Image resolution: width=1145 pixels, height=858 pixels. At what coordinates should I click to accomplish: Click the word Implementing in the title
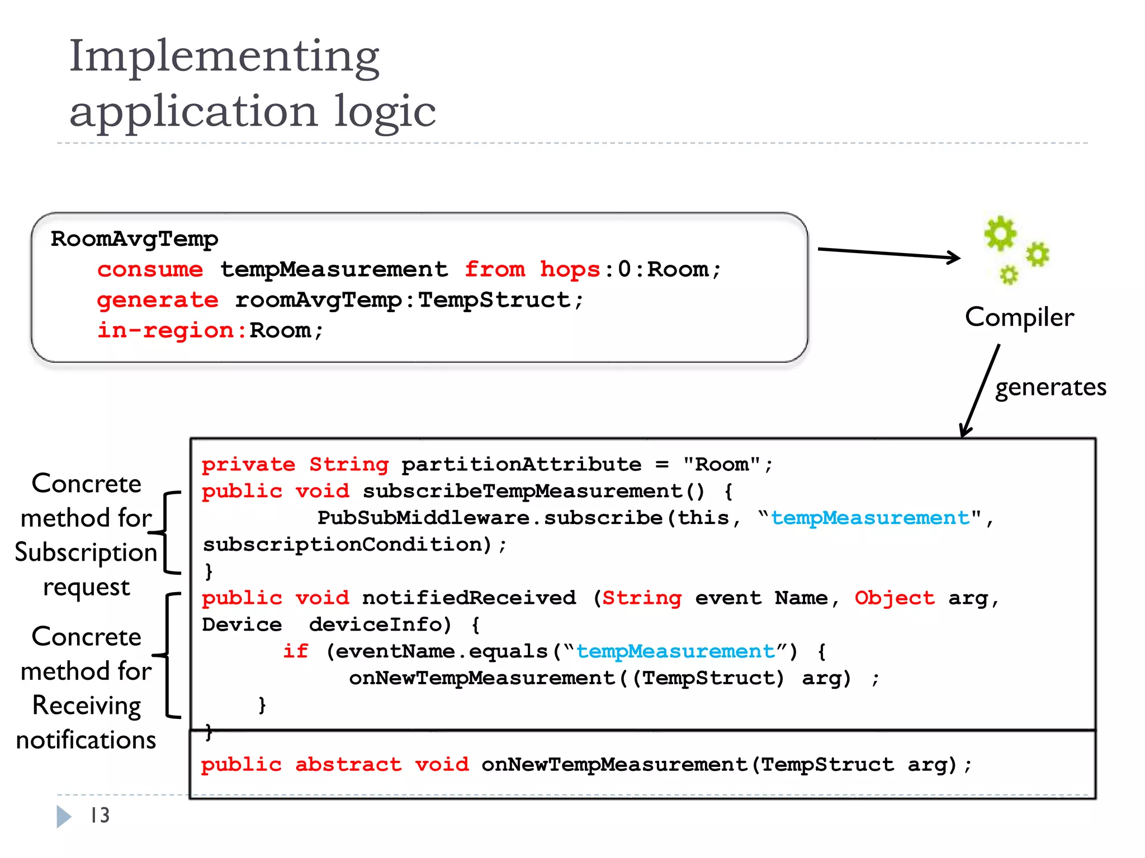(x=224, y=57)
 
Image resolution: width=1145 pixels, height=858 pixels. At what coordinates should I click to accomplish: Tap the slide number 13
(x=100, y=816)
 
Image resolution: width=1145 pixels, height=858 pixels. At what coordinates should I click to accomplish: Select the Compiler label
(x=1019, y=317)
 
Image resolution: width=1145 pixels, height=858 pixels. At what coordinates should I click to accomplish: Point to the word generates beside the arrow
(x=1051, y=387)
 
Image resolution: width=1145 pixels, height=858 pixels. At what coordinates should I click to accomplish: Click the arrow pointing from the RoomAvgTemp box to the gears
(x=889, y=253)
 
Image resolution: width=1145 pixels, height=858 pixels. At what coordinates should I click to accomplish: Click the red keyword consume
(x=150, y=270)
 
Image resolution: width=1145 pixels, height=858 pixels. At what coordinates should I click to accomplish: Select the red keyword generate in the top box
(x=158, y=301)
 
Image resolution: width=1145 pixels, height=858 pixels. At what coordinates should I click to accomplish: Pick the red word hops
(x=570, y=270)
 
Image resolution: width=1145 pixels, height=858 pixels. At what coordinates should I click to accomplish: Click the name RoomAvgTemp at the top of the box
(x=134, y=239)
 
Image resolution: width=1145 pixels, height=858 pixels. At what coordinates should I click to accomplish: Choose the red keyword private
(x=248, y=464)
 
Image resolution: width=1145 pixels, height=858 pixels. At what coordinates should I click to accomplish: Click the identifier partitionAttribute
(x=521, y=464)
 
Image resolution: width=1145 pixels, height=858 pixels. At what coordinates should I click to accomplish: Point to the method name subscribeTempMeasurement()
(x=534, y=491)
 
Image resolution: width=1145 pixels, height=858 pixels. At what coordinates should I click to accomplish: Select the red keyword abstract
(x=348, y=764)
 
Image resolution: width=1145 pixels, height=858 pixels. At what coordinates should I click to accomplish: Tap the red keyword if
(x=295, y=651)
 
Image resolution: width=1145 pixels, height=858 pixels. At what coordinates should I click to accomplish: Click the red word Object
(x=895, y=598)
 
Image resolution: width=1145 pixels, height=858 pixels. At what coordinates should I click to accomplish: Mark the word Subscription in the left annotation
(x=86, y=552)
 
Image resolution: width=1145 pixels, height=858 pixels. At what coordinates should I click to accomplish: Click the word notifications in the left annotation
(x=86, y=740)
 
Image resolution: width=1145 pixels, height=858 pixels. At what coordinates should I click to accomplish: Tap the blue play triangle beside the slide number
(x=63, y=816)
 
